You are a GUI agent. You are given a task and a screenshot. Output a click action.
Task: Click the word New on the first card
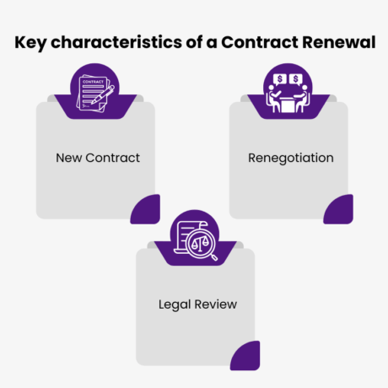(70, 158)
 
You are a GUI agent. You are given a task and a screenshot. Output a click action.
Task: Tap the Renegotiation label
(291, 158)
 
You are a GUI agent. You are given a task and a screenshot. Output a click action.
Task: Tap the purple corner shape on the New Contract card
(147, 209)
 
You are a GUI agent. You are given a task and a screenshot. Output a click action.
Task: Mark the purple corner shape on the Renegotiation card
(340, 209)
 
